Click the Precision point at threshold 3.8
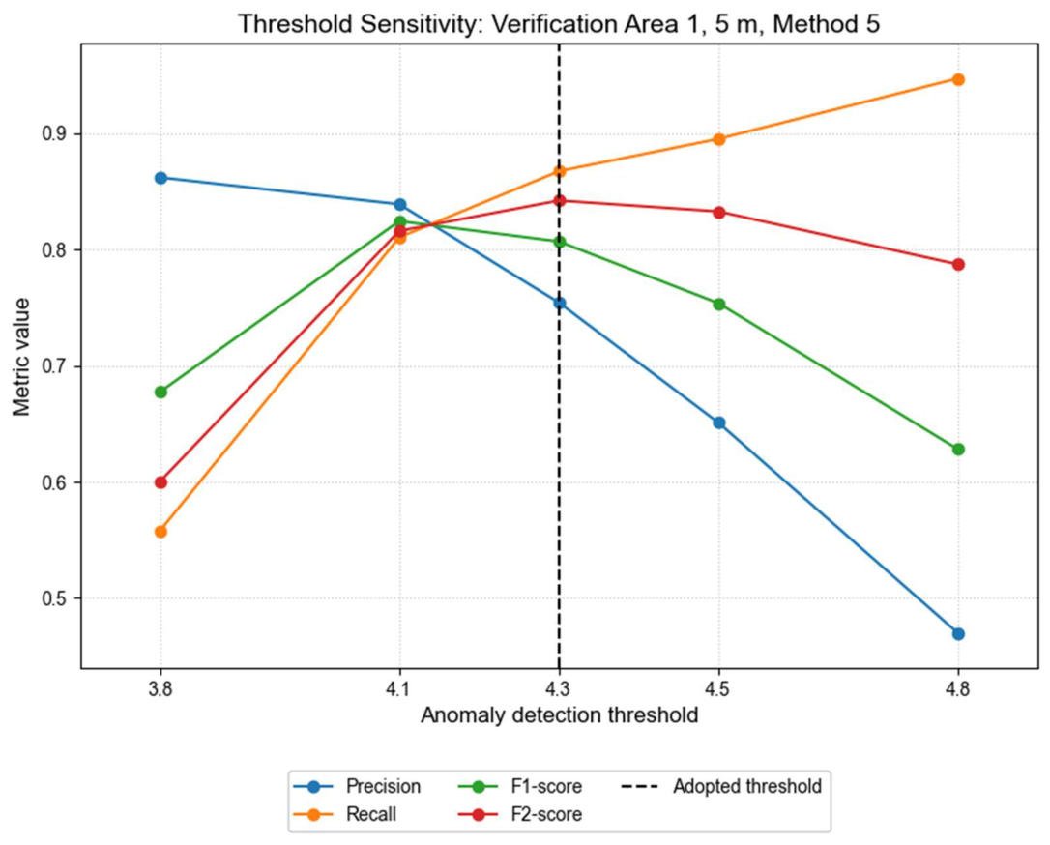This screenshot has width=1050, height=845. (x=160, y=178)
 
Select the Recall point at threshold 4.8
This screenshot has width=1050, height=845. (x=958, y=79)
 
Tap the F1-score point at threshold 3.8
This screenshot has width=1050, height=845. (x=160, y=392)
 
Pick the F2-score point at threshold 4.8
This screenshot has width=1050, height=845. (x=958, y=264)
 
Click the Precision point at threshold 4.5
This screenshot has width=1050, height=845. (x=718, y=422)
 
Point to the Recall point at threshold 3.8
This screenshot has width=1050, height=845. (x=160, y=531)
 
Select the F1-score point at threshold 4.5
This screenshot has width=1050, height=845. (x=718, y=304)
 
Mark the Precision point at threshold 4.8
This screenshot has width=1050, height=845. (x=958, y=633)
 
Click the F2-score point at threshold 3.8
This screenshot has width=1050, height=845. (x=160, y=481)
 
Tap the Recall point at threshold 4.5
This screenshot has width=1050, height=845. (x=718, y=139)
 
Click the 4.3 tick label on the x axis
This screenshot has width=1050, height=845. (x=559, y=690)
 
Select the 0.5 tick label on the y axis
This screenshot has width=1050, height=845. (x=58, y=598)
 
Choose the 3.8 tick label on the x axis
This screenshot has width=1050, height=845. (x=160, y=690)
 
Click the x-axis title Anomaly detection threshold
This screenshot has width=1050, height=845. (x=559, y=716)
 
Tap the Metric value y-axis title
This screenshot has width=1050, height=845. (x=21, y=357)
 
